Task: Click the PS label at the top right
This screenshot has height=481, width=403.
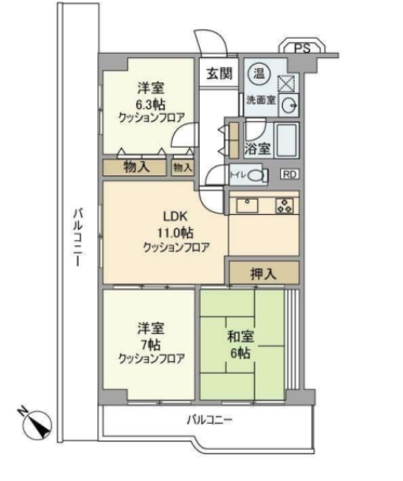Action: (302, 47)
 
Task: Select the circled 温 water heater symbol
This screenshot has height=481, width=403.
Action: (257, 72)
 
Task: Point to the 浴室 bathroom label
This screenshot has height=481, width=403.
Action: (258, 148)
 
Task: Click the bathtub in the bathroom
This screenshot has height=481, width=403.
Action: (286, 141)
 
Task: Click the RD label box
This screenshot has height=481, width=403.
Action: (289, 174)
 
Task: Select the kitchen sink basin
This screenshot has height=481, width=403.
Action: (248, 205)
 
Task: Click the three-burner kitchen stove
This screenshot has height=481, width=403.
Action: (285, 205)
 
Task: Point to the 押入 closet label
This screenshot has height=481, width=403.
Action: (262, 273)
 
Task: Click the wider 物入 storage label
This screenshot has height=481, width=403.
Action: (135, 166)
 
